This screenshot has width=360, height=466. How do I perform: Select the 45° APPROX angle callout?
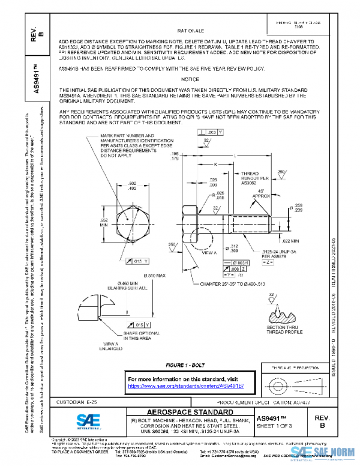coord(260,193)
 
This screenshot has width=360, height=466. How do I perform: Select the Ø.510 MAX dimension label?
coord(156,276)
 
